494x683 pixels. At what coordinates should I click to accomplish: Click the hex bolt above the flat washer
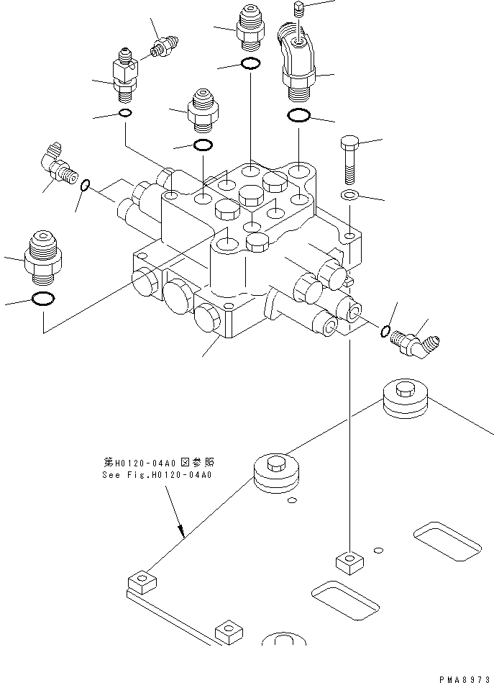pyautogui.click(x=348, y=159)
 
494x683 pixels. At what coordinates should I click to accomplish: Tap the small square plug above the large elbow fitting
pyautogui.click(x=301, y=9)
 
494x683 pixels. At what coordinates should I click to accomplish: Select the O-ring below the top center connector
pyautogui.click(x=250, y=64)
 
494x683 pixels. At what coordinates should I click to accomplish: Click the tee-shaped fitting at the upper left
pyautogui.click(x=123, y=76)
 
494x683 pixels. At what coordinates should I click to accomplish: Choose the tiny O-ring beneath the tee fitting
pyautogui.click(x=124, y=114)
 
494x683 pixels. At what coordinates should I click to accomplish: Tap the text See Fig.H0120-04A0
pyautogui.click(x=160, y=475)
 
